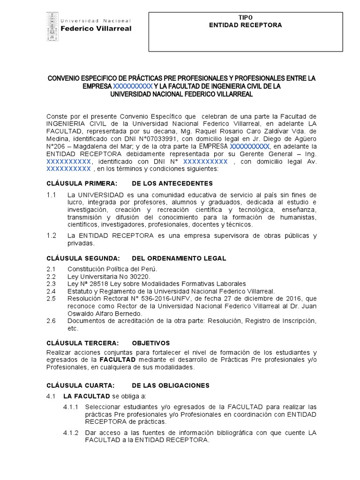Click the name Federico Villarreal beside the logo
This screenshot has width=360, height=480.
point(97,29)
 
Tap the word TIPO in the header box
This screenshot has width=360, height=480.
point(245,17)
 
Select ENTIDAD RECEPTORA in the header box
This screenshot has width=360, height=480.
point(245,25)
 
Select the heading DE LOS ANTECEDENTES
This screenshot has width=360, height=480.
point(172,183)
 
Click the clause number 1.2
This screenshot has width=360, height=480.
point(52,235)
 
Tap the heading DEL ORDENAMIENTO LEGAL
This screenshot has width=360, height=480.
point(179,258)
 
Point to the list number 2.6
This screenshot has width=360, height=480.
point(51,321)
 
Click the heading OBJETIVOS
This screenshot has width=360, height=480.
point(151,343)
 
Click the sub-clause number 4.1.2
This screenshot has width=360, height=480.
point(71,433)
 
